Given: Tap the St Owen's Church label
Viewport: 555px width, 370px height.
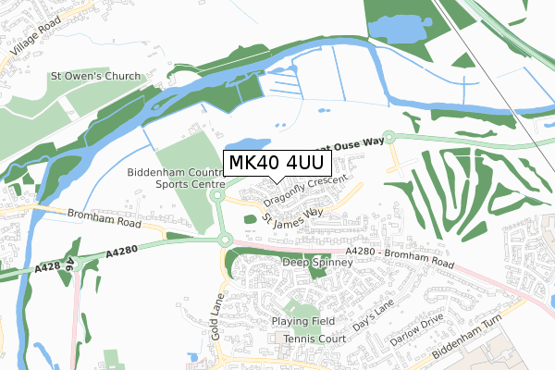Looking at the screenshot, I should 96,76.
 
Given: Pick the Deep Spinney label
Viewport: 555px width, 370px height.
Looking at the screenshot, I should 317,263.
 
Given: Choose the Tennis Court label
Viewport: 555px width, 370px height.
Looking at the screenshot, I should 313,339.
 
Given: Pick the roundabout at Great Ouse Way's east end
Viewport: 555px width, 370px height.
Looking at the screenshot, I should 389,137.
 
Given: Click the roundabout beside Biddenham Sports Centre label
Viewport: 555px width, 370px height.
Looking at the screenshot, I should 218,195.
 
